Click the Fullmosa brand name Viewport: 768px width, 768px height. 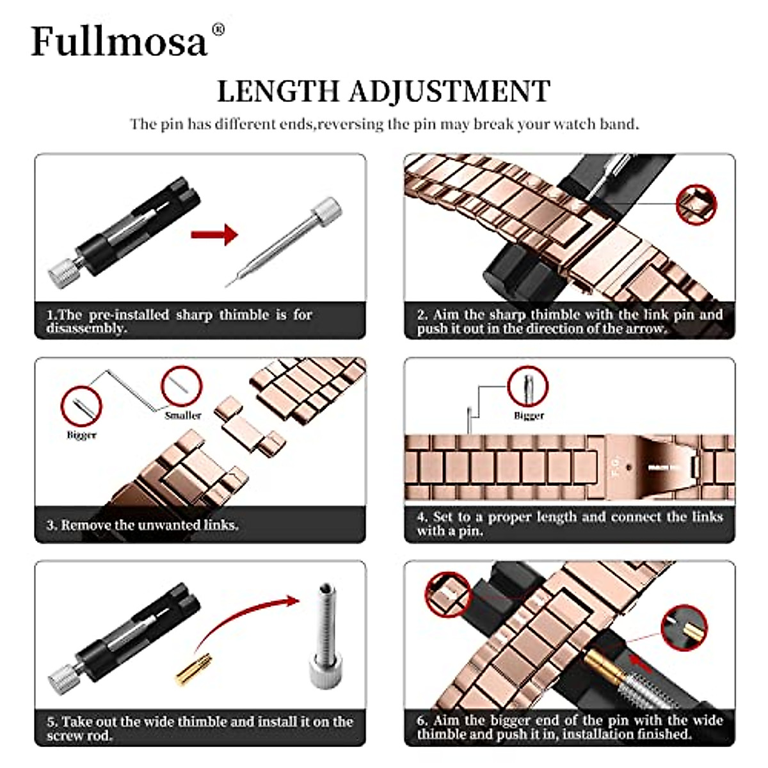[x=119, y=42]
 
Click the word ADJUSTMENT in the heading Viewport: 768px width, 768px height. [x=449, y=92]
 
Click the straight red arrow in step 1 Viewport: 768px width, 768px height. [x=214, y=235]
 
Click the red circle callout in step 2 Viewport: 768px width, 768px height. [x=696, y=205]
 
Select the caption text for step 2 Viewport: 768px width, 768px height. [x=570, y=321]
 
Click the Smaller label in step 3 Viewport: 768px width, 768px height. [x=183, y=415]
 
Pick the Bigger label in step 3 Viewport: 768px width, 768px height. [x=81, y=435]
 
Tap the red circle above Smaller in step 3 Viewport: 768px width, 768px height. [x=182, y=387]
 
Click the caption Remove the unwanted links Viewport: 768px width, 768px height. [x=142, y=525]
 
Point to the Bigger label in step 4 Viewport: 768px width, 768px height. [x=529, y=415]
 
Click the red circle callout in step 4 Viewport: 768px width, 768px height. [x=528, y=387]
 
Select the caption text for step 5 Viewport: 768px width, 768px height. [x=200, y=728]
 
